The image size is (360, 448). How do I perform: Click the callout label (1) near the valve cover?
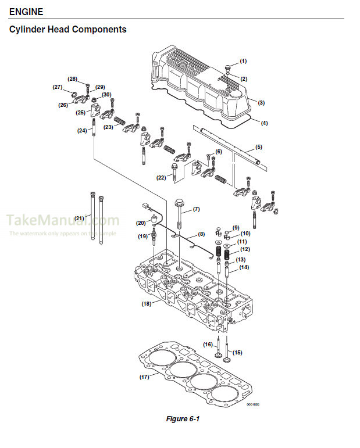pos(243,61)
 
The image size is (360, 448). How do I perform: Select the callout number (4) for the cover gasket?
pos(264,123)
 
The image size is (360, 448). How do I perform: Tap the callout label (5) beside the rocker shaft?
pos(258,147)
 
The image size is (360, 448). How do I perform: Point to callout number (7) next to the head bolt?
pos(196,209)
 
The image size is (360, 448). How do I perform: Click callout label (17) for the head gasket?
pos(145,377)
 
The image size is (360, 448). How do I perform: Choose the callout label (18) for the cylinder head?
pos(147,303)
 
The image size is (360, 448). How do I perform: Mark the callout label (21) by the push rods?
pos(80,218)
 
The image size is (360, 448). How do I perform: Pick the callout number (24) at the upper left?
pos(82,131)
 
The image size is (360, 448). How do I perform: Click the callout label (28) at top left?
pos(72,78)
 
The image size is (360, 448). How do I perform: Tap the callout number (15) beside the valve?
pos(237,353)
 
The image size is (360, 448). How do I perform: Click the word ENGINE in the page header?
pos(26,12)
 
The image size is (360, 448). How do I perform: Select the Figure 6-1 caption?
pos(183,419)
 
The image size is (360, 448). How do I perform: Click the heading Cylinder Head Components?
pos(68,29)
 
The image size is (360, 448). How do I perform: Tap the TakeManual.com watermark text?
pos(63,221)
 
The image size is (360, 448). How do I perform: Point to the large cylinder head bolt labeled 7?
pos(179,215)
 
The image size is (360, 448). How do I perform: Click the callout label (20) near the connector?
pos(141,223)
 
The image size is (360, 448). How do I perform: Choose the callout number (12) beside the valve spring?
pos(245,249)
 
